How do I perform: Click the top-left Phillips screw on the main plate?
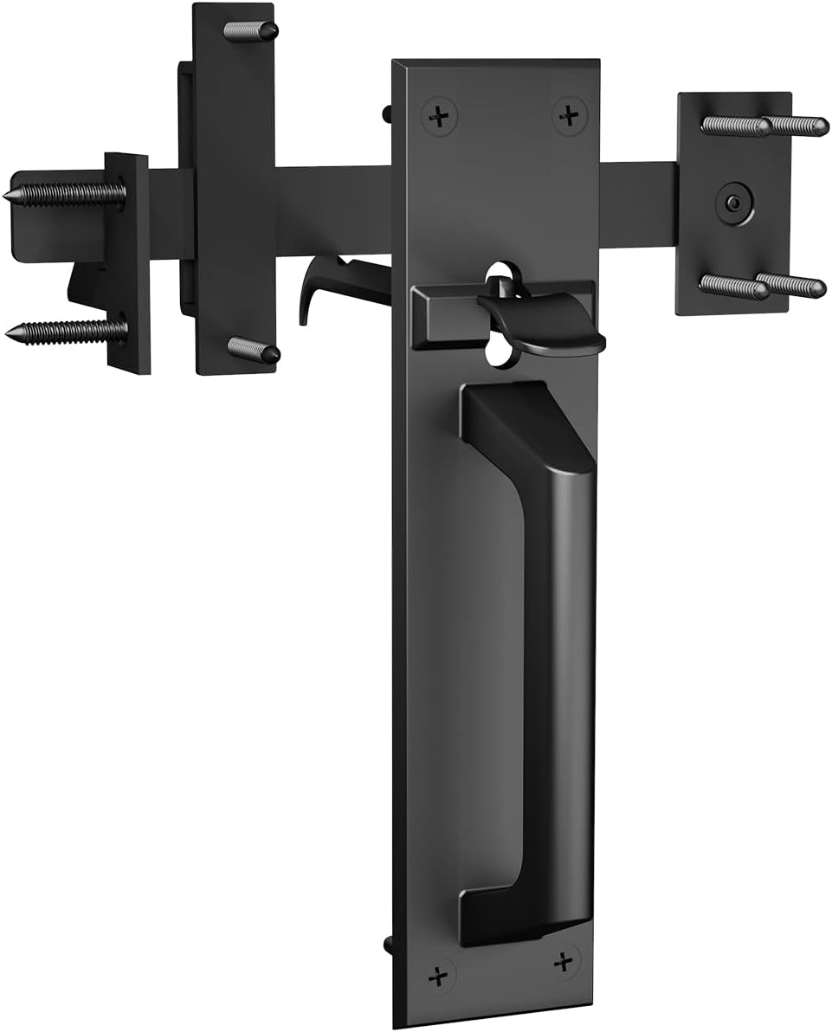click(x=440, y=116)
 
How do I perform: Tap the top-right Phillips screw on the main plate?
click(x=569, y=115)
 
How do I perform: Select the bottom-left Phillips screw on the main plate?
click(x=439, y=975)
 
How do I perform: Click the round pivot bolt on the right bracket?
click(x=732, y=203)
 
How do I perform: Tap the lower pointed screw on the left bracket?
click(x=65, y=331)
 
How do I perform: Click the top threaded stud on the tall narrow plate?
click(x=251, y=31)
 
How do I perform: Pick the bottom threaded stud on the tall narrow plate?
click(x=254, y=350)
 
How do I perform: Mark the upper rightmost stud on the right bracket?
click(x=797, y=126)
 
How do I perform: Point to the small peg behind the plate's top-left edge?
click(x=386, y=112)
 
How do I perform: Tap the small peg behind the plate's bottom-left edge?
click(x=387, y=943)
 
